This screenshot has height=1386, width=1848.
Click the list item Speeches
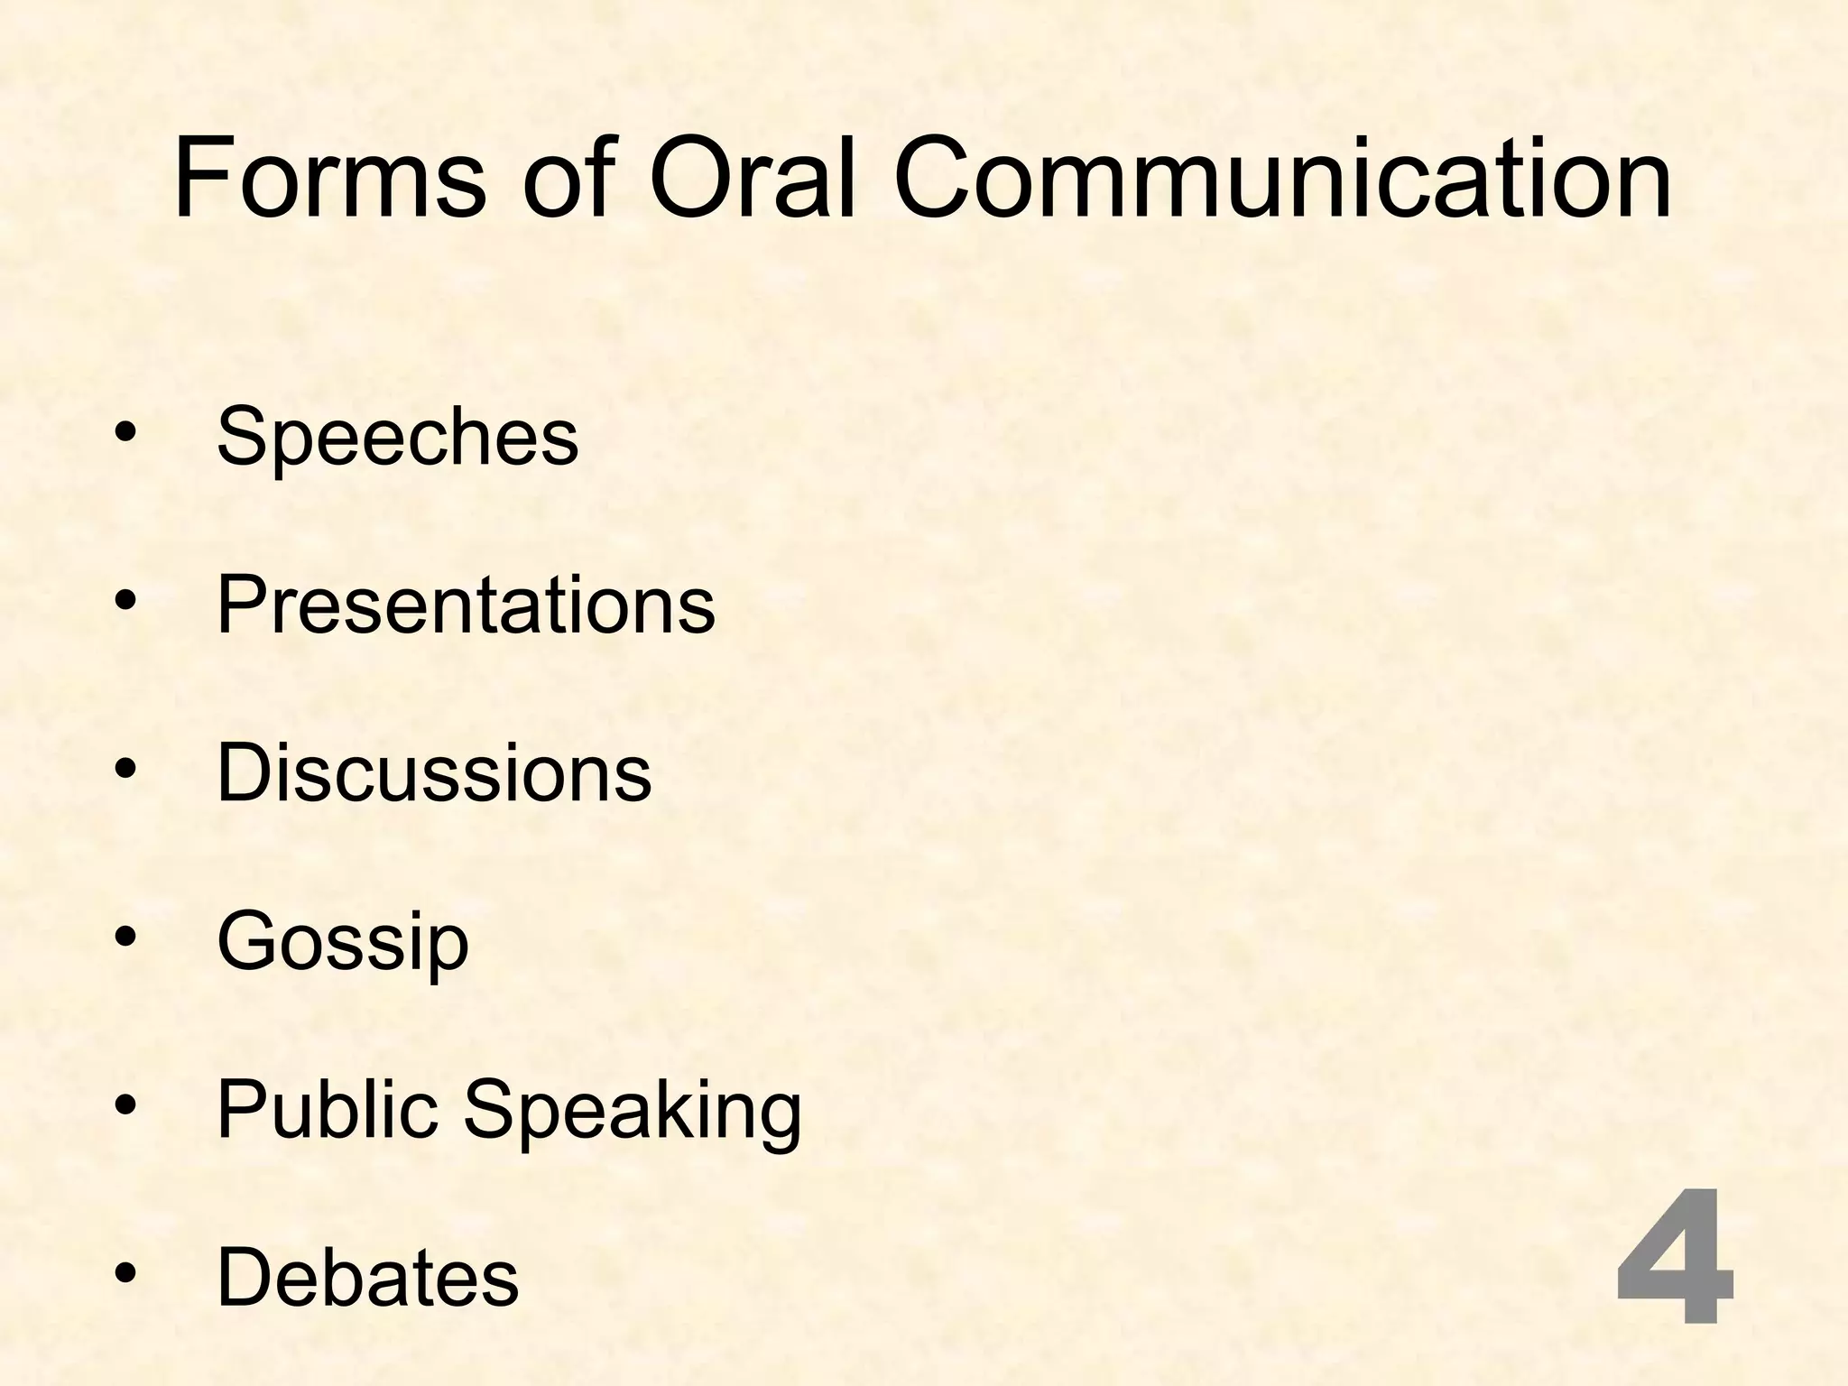[397, 437]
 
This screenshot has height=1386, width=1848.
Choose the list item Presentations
[466, 605]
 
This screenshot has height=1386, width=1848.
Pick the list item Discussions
[434, 772]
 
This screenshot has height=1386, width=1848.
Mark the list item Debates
[368, 1277]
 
